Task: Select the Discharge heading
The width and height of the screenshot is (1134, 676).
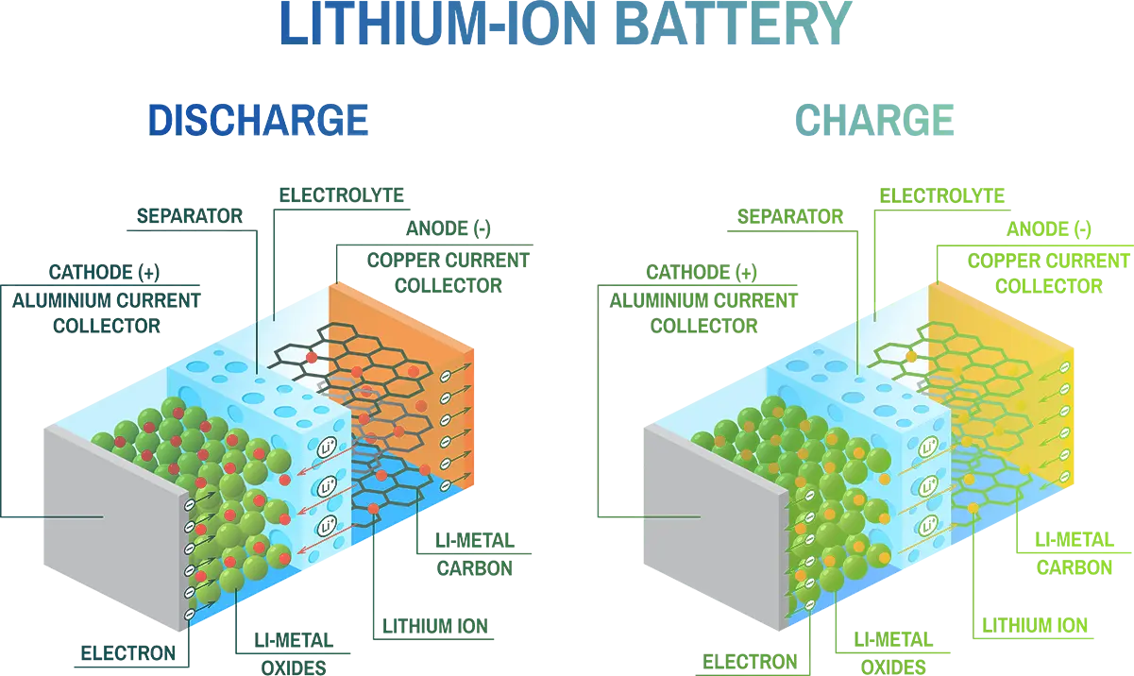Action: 257,120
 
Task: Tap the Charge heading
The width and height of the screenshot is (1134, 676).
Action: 871,120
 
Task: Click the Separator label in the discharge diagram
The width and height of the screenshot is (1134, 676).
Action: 190,216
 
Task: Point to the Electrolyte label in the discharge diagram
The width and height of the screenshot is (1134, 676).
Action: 342,195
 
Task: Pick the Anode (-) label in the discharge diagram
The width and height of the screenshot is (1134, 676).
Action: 449,229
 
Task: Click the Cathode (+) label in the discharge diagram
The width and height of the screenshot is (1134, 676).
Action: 103,274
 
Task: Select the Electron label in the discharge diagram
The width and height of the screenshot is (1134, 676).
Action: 126,652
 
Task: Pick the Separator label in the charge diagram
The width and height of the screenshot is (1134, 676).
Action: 789,216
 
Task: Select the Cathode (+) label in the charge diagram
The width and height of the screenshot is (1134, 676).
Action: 702,274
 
